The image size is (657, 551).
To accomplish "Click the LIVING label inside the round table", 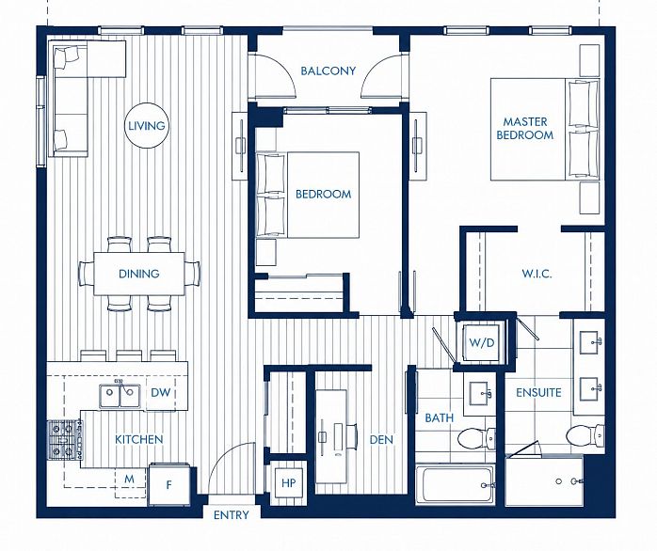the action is [146, 126].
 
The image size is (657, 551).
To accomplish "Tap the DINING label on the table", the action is [139, 274].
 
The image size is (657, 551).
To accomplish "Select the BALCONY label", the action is [328, 71].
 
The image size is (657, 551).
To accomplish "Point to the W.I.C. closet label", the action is [537, 275].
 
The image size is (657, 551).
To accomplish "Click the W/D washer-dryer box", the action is [482, 343].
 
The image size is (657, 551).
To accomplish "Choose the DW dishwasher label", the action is [161, 392].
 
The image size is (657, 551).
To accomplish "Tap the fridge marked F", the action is [168, 484].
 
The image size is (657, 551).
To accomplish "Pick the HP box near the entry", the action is [288, 483].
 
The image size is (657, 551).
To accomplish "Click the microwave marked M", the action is [130, 479].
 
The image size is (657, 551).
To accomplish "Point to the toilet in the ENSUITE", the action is [585, 435].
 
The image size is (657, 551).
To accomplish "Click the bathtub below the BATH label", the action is [456, 484].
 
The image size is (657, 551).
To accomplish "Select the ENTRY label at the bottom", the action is [232, 515].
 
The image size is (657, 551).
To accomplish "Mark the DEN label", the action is [381, 440].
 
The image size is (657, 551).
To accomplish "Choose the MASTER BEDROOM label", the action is [525, 129].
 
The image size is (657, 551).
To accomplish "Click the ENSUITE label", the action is [538, 393].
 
